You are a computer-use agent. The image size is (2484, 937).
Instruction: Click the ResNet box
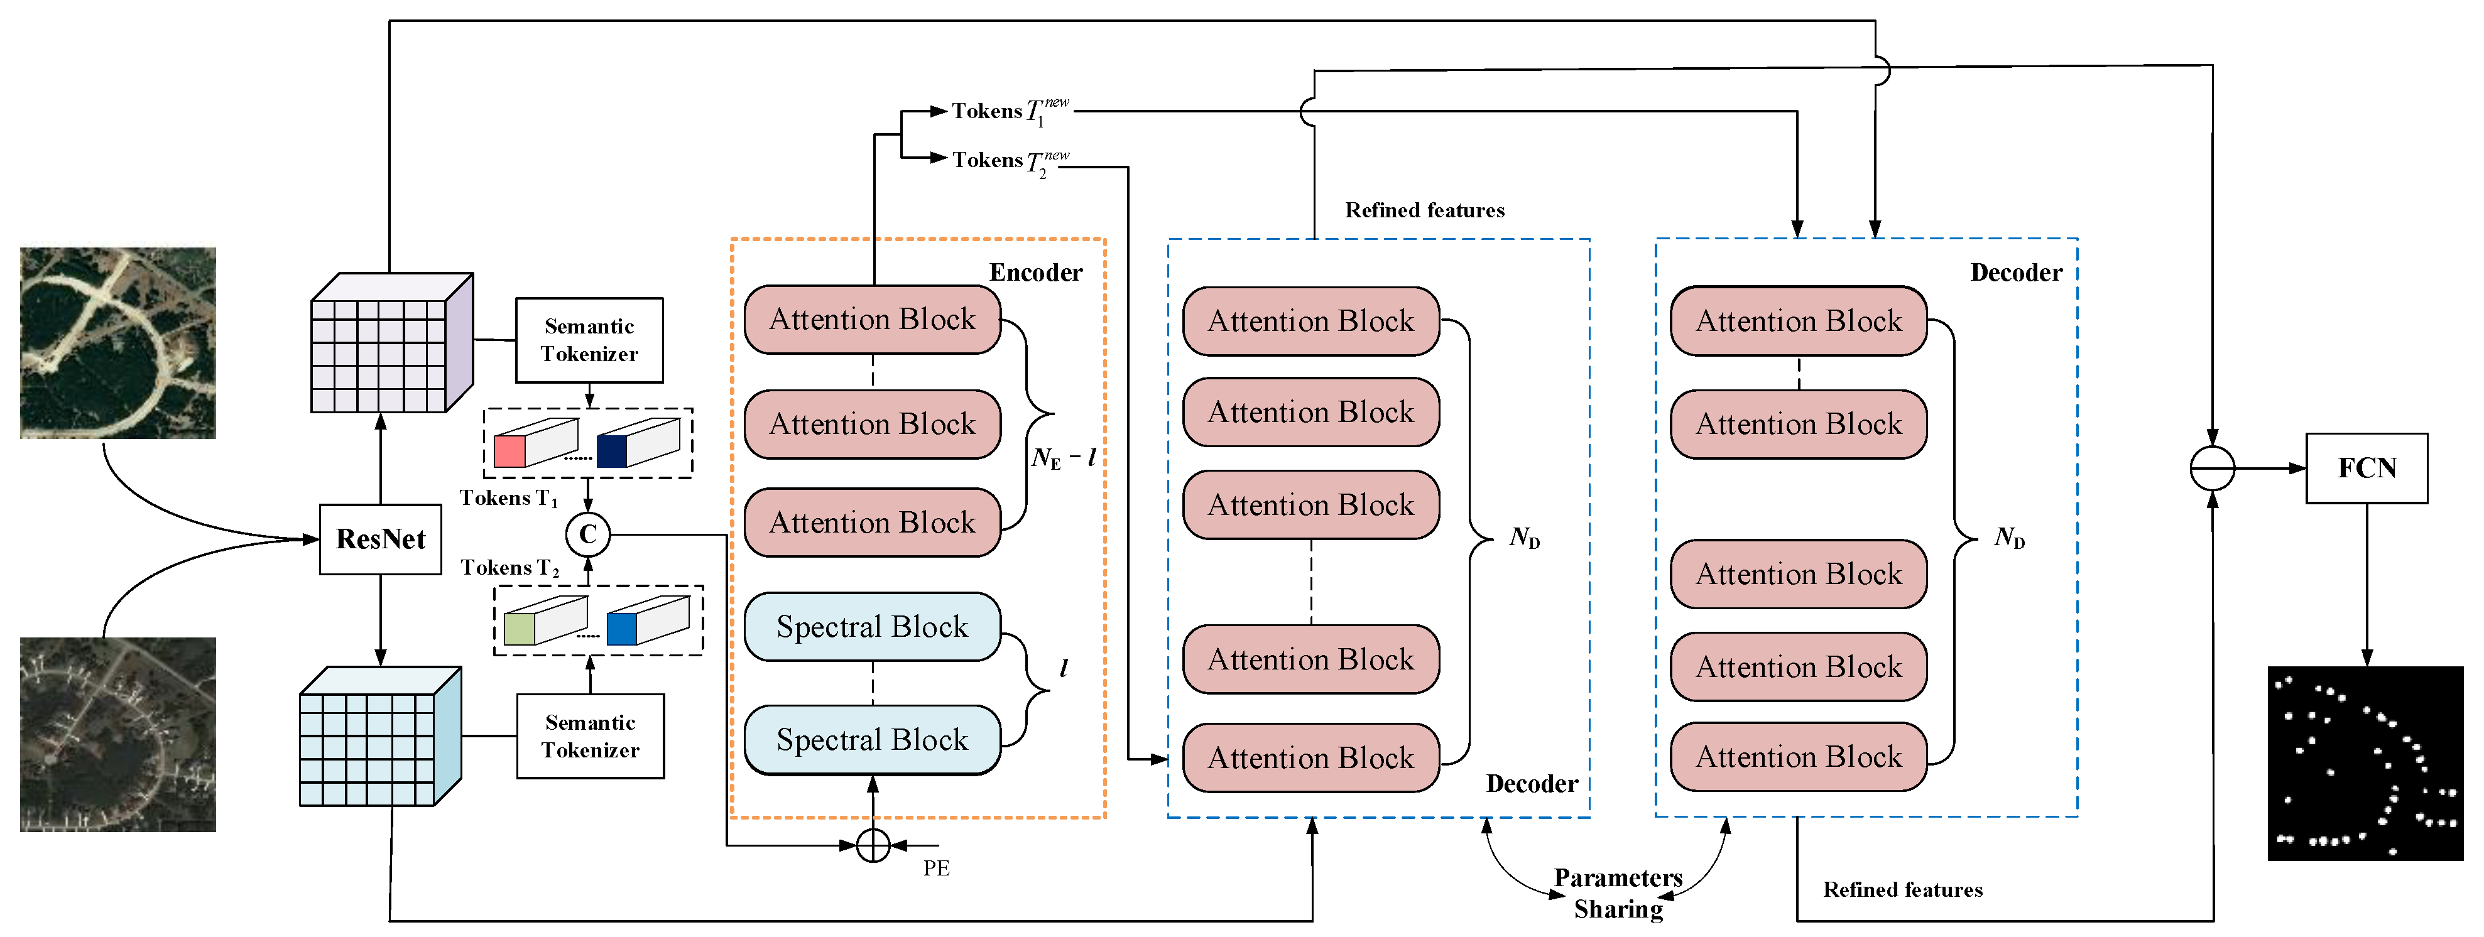point(380,539)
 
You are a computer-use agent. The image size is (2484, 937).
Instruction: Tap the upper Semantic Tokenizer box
point(589,340)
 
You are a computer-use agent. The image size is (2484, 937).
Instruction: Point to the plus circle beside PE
point(873,845)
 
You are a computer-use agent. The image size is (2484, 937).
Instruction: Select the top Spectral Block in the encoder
point(872,627)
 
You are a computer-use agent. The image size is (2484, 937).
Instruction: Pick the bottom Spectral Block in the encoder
point(872,739)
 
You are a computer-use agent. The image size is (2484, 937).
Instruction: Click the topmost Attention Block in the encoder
point(872,319)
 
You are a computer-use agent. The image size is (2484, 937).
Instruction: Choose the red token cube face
point(509,451)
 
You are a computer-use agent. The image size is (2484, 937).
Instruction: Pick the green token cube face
point(519,629)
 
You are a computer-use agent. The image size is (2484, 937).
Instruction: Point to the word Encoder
point(1036,273)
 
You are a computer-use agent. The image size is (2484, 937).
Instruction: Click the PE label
point(936,869)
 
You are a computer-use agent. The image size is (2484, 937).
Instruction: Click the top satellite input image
point(117,343)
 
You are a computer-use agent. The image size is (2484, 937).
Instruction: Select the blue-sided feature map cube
point(380,737)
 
